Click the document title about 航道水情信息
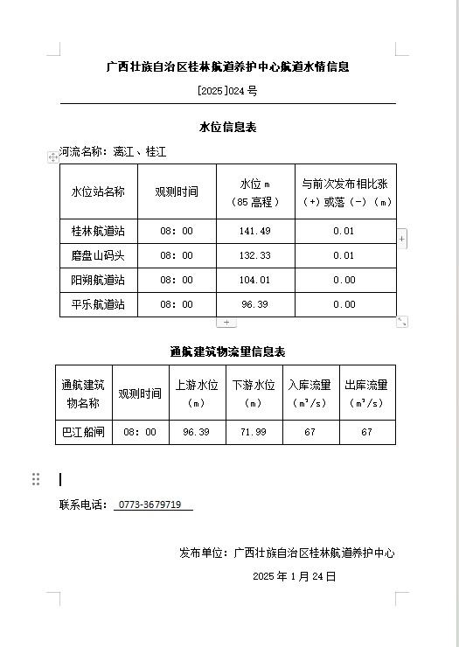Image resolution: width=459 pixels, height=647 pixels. (227, 66)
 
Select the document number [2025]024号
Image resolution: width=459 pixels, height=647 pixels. (227, 91)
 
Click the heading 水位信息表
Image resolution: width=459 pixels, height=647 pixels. (227, 128)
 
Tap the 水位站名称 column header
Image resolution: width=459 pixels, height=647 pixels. (98, 191)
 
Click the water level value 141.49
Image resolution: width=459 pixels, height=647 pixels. (255, 231)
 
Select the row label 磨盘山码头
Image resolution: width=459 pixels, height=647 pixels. (98, 255)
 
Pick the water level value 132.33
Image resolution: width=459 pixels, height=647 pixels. (255, 255)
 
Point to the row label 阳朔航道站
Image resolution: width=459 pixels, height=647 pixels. (98, 280)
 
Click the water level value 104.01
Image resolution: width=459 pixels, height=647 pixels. (255, 280)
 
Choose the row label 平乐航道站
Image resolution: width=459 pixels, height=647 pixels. (98, 304)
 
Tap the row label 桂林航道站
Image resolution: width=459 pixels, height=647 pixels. (98, 231)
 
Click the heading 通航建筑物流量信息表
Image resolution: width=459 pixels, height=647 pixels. (227, 351)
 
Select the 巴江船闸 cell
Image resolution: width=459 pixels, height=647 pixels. (83, 432)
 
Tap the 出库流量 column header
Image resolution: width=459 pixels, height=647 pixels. (366, 393)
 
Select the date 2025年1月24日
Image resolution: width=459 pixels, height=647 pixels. (294, 576)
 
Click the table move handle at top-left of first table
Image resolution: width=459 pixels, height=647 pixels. (53, 157)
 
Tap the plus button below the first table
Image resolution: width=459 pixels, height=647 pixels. (226, 322)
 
